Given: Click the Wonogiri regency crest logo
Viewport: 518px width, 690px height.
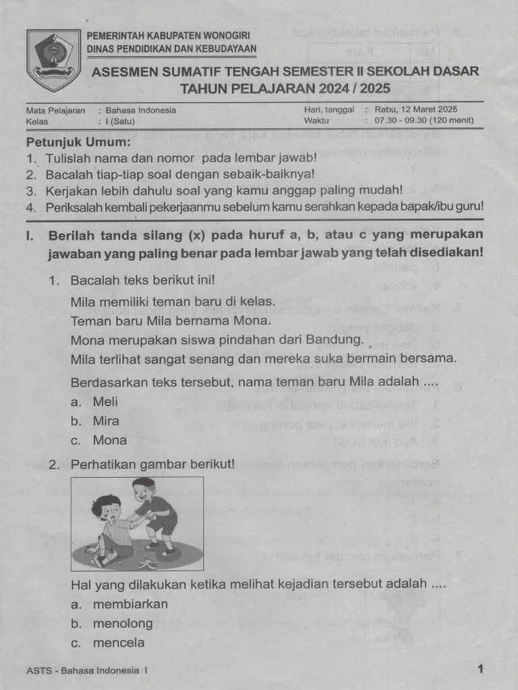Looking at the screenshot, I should click(x=54, y=60).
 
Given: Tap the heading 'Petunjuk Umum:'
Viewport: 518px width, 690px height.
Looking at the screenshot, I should click(x=78, y=143).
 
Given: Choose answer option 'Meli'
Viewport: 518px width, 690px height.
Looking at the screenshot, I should click(x=105, y=402).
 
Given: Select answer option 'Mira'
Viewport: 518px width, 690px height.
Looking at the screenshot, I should click(x=106, y=421).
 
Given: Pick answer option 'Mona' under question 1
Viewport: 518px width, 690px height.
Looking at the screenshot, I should click(x=109, y=440).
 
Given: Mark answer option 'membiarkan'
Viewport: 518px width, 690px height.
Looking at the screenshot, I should click(x=130, y=604).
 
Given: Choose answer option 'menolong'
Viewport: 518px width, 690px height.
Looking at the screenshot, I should click(x=123, y=623).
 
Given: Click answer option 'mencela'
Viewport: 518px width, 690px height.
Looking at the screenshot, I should click(x=119, y=643).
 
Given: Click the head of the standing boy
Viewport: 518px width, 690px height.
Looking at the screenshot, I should click(x=144, y=489).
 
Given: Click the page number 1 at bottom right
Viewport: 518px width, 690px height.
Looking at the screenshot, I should click(x=480, y=669).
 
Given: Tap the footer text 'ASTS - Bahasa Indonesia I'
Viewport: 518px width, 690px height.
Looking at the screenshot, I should click(x=86, y=670).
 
